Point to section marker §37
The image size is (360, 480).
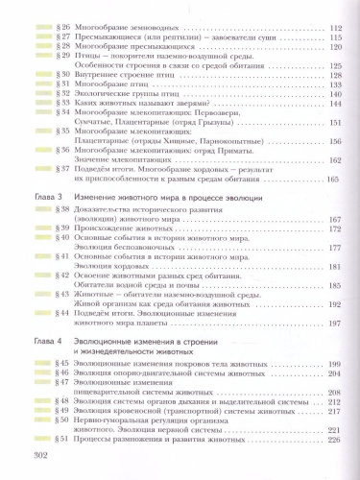(62, 167)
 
